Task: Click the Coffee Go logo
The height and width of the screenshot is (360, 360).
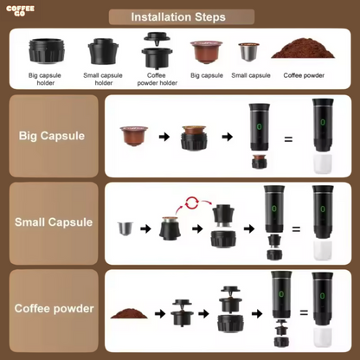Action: (x=20, y=10)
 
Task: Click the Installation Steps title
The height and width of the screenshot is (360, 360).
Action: (x=178, y=17)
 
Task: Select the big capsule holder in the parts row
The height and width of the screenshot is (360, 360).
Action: (x=46, y=51)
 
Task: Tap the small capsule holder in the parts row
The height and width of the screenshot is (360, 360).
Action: (x=103, y=52)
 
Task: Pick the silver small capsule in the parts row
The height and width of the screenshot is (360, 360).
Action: (x=249, y=52)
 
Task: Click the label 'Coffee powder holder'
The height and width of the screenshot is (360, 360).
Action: (x=157, y=79)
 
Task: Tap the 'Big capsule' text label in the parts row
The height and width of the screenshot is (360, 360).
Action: (x=207, y=75)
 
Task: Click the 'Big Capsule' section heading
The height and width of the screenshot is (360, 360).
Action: (x=52, y=136)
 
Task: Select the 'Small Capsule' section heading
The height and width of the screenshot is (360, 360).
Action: (x=54, y=222)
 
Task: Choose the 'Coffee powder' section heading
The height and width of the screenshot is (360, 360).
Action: (x=55, y=308)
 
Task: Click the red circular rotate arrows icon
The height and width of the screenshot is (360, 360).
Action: (x=191, y=202)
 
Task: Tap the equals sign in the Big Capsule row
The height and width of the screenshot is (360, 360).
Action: (x=288, y=139)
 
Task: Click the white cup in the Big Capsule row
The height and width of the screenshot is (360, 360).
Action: (x=323, y=164)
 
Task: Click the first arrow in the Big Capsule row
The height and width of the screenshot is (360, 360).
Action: (x=164, y=137)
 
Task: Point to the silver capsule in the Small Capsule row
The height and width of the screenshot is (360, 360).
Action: (x=125, y=228)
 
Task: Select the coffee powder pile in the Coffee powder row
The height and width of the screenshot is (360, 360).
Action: (x=129, y=313)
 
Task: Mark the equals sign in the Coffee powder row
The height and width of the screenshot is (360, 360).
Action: (x=304, y=312)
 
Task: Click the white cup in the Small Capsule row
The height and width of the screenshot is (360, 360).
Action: (x=323, y=250)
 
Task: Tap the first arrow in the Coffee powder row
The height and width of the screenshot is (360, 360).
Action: (x=160, y=313)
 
